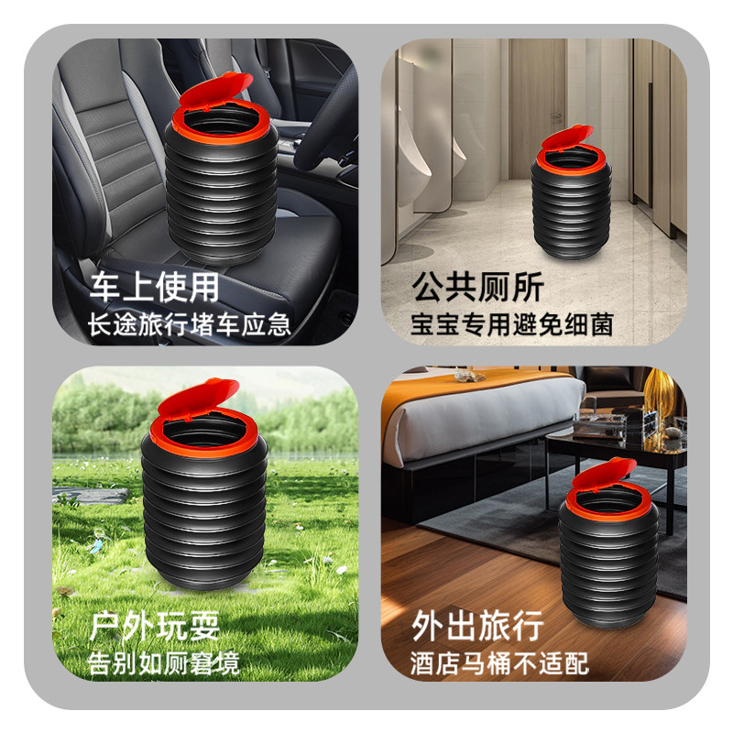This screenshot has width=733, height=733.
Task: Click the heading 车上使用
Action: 154,289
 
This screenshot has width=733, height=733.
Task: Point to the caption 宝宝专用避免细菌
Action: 511,325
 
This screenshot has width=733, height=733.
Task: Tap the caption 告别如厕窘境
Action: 164,662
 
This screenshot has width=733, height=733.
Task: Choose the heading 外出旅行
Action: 477,627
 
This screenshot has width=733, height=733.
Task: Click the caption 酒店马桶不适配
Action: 499,662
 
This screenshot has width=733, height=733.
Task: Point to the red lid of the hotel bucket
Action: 601,480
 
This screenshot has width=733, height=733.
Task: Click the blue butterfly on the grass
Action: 95,547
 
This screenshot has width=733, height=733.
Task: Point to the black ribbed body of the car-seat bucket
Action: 219,192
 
